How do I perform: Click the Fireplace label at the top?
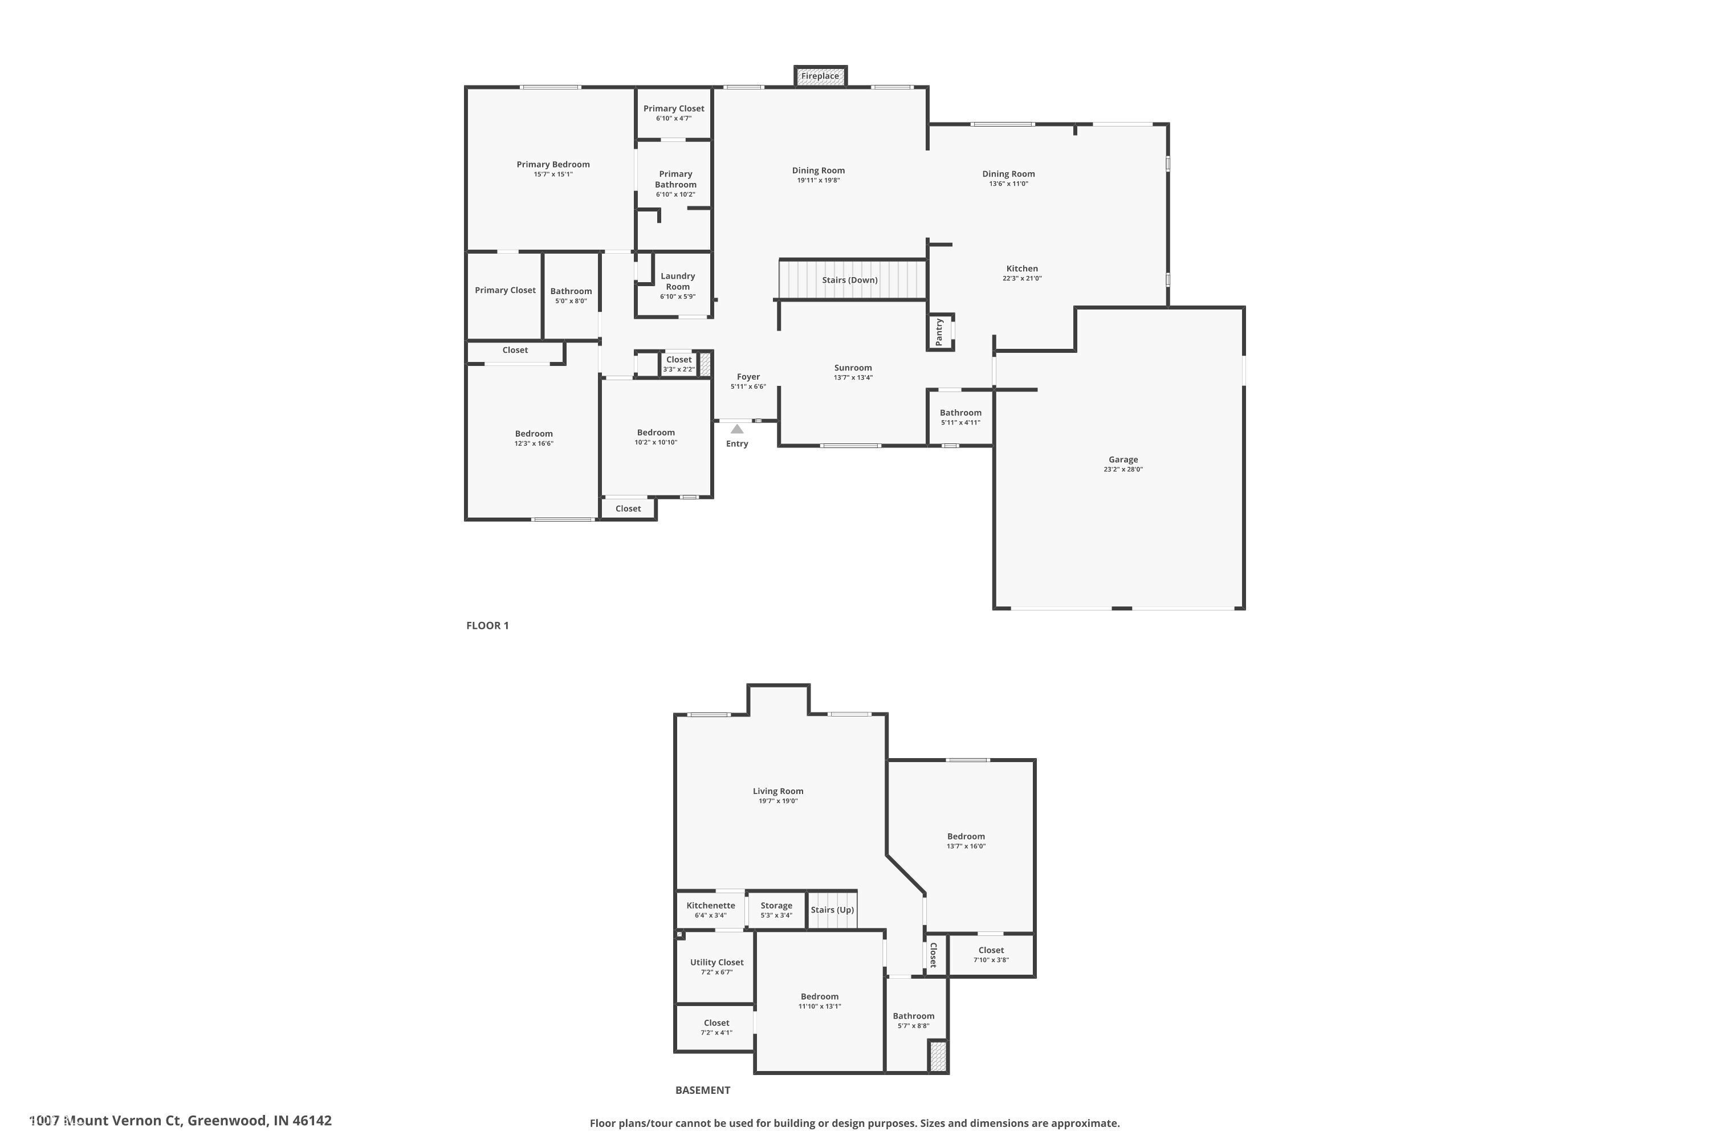coord(820,76)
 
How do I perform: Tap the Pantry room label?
coord(939,332)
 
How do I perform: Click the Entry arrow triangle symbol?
coord(736,429)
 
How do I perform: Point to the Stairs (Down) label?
coord(849,280)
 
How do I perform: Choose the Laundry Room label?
coord(677,282)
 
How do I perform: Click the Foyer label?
coord(747,377)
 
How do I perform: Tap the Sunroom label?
coord(852,368)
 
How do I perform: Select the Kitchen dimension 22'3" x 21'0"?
coord(1021,279)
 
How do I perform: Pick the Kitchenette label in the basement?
coord(710,905)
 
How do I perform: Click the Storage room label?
coord(776,905)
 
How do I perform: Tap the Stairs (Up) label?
coord(832,910)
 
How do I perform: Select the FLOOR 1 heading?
coord(487,625)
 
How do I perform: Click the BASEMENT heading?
coord(702,1090)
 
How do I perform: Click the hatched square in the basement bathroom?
coord(938,1056)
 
